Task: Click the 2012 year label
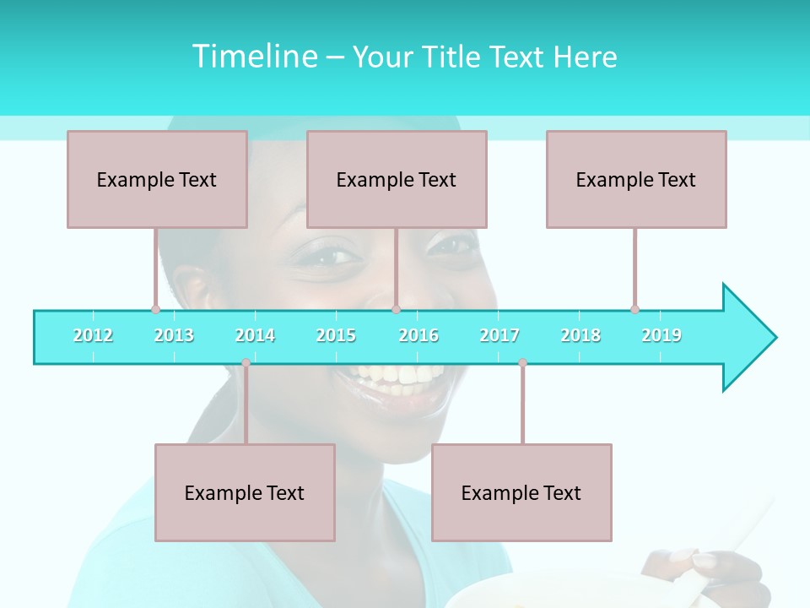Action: [x=93, y=335]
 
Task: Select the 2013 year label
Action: [x=174, y=335]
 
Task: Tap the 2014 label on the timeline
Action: [x=255, y=335]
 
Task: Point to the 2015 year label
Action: [x=336, y=335]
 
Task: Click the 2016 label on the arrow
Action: [x=418, y=335]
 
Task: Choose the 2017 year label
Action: [x=499, y=335]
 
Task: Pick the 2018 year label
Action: [x=580, y=335]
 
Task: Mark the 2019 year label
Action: [x=661, y=335]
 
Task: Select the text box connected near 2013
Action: [x=157, y=179]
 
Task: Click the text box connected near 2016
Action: [x=397, y=179]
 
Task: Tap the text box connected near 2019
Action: [x=636, y=179]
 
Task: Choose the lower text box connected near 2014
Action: [x=245, y=492]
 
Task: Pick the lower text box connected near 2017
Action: [x=521, y=492]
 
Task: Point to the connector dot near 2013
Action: [x=155, y=309]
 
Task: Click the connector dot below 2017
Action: [x=522, y=363]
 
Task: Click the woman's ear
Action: [x=196, y=287]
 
